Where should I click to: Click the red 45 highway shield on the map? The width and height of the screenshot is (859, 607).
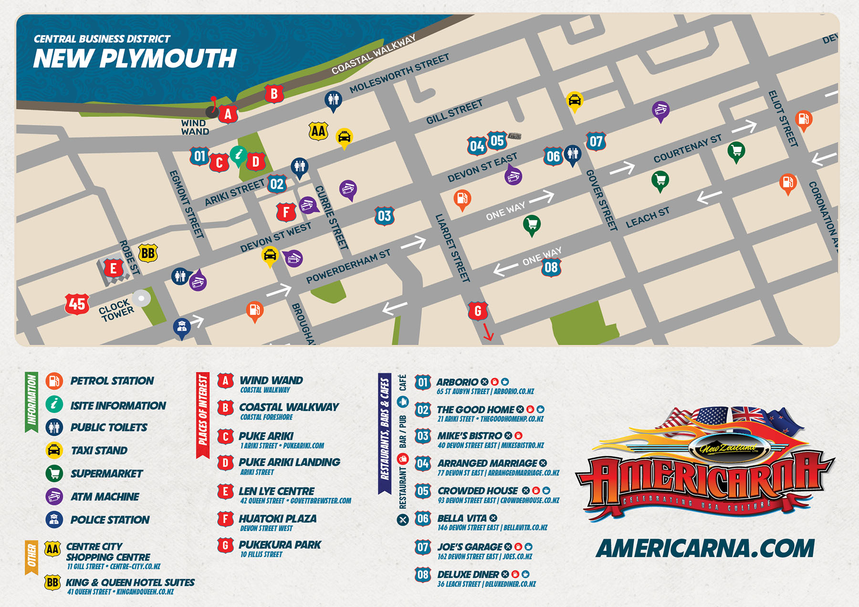[77, 304]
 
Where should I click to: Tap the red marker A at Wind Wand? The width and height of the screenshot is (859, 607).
[228, 114]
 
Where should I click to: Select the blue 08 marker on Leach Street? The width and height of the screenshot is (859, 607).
[551, 267]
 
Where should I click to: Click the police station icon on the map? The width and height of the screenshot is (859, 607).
[182, 328]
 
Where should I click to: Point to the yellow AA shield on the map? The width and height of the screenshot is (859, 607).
[318, 131]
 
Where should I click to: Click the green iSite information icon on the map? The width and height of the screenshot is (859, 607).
[238, 155]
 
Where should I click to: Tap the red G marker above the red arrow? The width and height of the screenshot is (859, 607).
[478, 311]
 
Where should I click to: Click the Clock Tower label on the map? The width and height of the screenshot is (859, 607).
[116, 310]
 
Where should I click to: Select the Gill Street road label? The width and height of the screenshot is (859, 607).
[454, 112]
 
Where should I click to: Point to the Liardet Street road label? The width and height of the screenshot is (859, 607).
[452, 248]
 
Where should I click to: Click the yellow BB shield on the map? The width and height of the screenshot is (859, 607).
[148, 253]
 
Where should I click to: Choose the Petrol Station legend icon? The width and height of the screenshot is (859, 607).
[54, 381]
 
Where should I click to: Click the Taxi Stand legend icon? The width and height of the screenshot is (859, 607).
[54, 450]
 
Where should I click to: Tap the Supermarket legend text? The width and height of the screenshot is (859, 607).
[106, 473]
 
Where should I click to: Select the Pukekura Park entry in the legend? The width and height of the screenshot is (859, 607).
[280, 545]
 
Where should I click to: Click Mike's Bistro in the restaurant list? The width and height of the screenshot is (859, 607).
[470, 435]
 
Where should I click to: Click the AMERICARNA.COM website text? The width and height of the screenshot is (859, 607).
[705, 548]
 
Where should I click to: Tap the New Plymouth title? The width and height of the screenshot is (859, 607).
[135, 59]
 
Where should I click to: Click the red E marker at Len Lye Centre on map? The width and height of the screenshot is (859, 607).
[114, 268]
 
